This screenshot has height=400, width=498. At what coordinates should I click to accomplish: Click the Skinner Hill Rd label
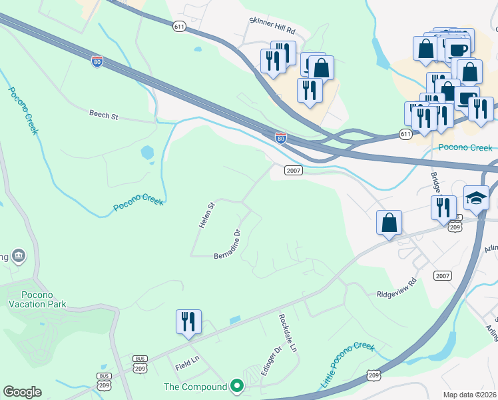pos(271,21)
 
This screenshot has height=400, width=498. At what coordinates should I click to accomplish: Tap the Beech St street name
pos(103,115)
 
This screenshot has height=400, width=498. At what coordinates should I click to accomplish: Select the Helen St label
pos(204,215)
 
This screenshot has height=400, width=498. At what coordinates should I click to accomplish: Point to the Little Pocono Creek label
pos(348,365)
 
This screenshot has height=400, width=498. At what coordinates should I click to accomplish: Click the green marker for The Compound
pos(236,386)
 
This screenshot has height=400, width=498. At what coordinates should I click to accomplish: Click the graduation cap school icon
pos(476,198)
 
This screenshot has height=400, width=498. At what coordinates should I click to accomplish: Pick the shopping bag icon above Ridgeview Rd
pos(389,223)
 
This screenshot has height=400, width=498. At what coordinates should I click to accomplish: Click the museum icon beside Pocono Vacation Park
pos(18,255)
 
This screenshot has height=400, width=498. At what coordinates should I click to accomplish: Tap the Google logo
pos(22,392)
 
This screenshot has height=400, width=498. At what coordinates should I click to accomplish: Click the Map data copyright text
pos(469,395)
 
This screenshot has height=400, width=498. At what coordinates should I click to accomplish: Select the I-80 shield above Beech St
pos(98,61)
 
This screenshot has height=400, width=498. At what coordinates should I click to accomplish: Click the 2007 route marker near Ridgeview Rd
pos(442,275)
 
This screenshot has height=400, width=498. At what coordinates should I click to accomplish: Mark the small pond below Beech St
pos(147,153)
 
